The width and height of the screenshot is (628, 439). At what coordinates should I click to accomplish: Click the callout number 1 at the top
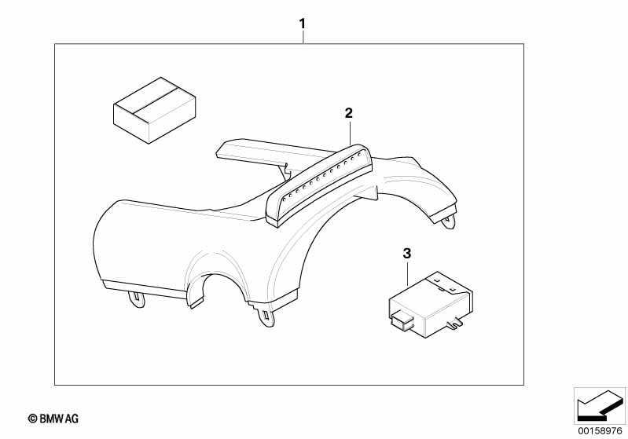click(x=303, y=24)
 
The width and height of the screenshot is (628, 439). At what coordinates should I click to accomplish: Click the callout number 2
click(x=349, y=113)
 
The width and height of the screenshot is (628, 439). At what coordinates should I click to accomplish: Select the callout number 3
click(x=407, y=254)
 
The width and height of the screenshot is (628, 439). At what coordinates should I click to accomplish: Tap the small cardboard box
click(x=155, y=110)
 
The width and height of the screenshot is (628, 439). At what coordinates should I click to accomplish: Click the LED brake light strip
click(x=319, y=186)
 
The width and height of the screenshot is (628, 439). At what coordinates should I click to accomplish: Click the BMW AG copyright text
click(x=53, y=419)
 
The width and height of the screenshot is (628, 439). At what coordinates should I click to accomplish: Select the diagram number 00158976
click(x=600, y=430)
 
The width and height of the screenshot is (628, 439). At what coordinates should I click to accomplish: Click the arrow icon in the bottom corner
click(x=600, y=405)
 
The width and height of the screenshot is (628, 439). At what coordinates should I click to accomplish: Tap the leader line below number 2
click(x=350, y=133)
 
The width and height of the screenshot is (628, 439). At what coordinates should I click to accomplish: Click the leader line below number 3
click(x=407, y=273)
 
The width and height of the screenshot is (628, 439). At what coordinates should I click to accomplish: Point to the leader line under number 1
click(x=303, y=38)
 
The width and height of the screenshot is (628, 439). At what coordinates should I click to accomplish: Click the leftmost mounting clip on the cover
click(x=137, y=299)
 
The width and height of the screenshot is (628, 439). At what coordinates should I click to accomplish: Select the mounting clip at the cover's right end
click(x=449, y=221)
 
